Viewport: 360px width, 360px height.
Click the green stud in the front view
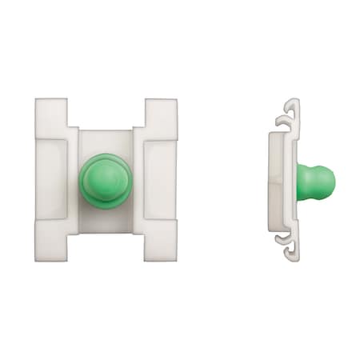click(106, 180)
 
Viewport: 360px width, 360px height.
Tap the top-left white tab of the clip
click(51, 116)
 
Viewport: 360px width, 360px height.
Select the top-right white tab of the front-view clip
click(161, 116)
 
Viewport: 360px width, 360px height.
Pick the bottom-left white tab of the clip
click(51, 242)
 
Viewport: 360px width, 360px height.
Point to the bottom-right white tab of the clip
click(161, 242)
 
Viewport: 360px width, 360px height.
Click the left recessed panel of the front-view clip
click(53, 179)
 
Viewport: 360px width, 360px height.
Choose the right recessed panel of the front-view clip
click(159, 179)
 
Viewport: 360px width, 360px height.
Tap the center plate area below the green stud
click(106, 221)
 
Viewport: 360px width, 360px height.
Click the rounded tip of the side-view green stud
click(328, 182)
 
